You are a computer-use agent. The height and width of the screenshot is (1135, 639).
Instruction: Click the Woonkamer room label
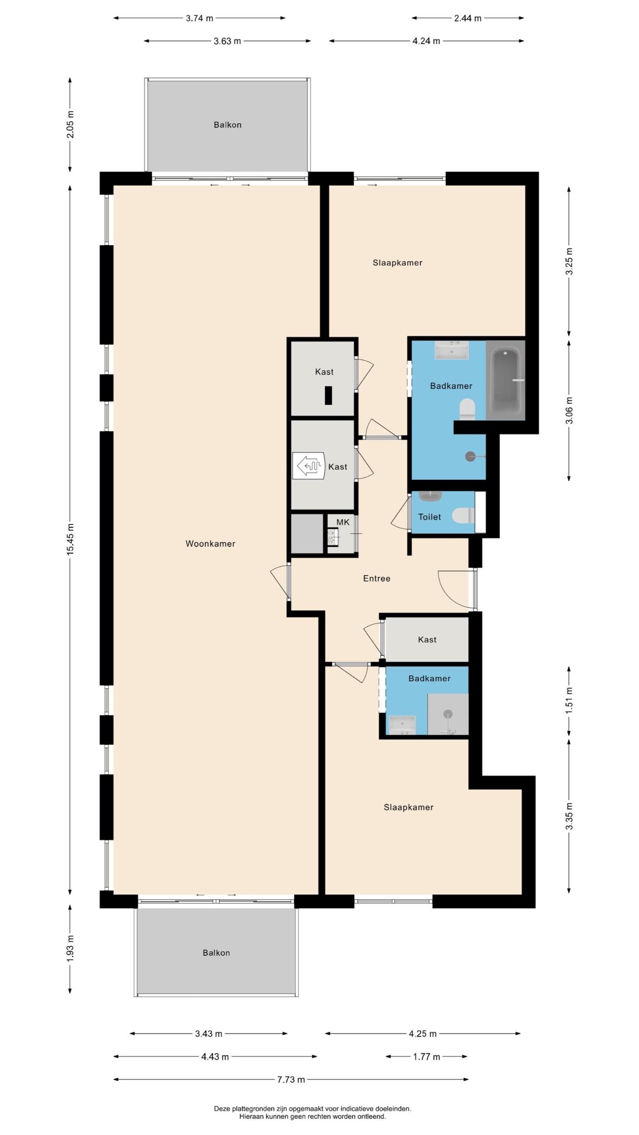tap(210, 544)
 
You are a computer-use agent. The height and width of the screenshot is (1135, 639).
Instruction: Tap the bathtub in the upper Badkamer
tap(506, 380)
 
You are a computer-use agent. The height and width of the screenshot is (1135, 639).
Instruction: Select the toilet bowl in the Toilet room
tap(463, 515)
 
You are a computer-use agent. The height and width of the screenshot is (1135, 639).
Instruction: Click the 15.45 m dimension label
tap(70, 539)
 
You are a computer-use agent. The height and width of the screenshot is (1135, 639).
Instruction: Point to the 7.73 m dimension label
tap(291, 1080)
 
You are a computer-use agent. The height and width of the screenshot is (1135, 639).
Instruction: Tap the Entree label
tap(377, 578)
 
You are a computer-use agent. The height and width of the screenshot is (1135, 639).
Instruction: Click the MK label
tap(343, 522)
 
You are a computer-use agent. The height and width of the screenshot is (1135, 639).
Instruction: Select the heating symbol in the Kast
tap(309, 466)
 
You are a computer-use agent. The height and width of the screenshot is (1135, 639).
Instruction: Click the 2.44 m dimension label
tap(468, 18)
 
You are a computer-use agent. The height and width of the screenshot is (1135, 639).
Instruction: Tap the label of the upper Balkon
tap(228, 125)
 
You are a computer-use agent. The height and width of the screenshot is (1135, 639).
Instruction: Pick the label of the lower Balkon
tap(217, 953)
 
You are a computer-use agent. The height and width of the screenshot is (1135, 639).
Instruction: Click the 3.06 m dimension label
tap(569, 411)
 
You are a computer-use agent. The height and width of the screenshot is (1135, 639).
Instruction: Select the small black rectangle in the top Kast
tap(328, 395)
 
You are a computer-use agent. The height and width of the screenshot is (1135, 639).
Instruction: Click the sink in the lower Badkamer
tap(402, 725)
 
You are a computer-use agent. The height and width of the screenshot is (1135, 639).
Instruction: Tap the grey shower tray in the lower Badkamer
tap(448, 714)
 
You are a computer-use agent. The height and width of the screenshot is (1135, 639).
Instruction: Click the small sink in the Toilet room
tap(430, 496)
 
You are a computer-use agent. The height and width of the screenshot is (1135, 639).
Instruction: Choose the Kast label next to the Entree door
tap(427, 639)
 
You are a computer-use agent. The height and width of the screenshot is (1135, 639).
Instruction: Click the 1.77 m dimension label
tap(426, 1057)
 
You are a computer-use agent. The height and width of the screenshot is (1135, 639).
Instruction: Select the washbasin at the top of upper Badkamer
tap(452, 350)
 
